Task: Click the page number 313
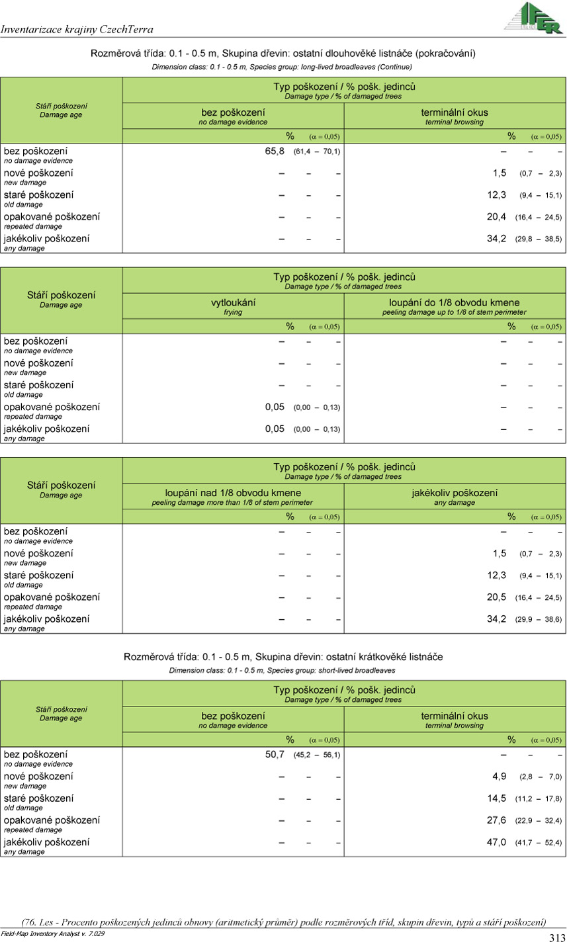pos(556,937)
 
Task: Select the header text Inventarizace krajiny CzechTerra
pos(77,29)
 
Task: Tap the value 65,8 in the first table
pos(275,151)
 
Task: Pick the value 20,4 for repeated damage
pos(496,217)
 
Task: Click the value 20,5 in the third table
pos(496,597)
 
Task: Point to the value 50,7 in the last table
pos(275,755)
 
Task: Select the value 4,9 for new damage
pos(500,777)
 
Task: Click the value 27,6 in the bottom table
pos(496,820)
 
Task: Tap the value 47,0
pos(496,842)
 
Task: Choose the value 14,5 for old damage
pos(496,798)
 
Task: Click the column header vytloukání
pos(233,302)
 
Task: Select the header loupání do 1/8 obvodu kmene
pos(454,302)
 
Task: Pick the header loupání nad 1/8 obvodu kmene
pos(233,493)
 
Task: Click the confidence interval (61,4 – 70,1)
pos(316,152)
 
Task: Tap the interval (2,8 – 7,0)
pos(541,777)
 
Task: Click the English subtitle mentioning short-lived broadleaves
pos(283,670)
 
